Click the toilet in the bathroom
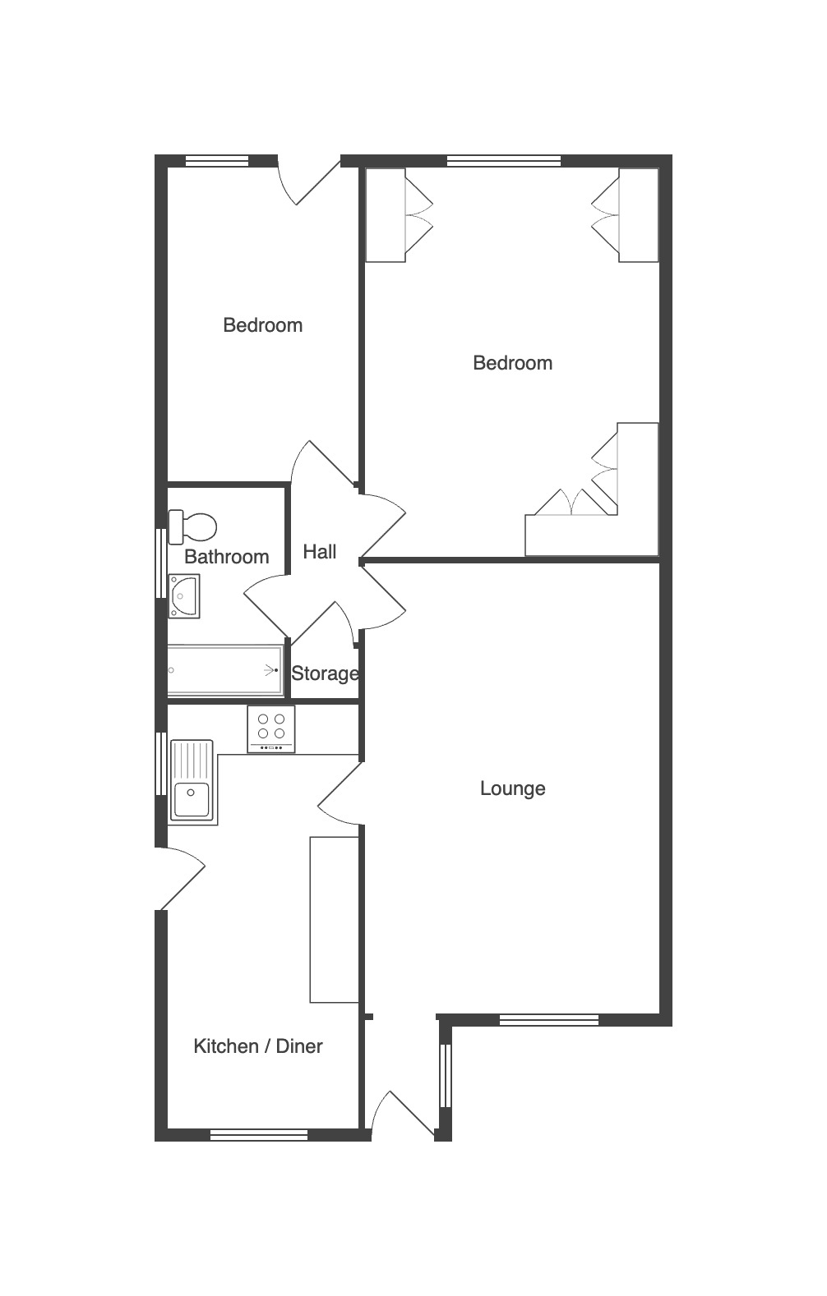(192, 526)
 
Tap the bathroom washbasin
(184, 596)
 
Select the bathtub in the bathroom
(225, 670)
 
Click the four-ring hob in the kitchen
(271, 729)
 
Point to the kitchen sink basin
(192, 800)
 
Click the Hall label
(320, 552)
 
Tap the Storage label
(325, 673)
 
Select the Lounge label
(512, 788)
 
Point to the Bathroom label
(226, 557)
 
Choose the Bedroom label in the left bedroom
(263, 325)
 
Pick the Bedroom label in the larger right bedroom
(512, 363)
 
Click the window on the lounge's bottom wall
(549, 1020)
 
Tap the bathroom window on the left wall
(161, 563)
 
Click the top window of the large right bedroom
(505, 161)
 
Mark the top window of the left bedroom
(216, 161)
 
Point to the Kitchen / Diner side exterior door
(180, 878)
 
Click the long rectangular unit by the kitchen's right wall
(334, 919)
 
